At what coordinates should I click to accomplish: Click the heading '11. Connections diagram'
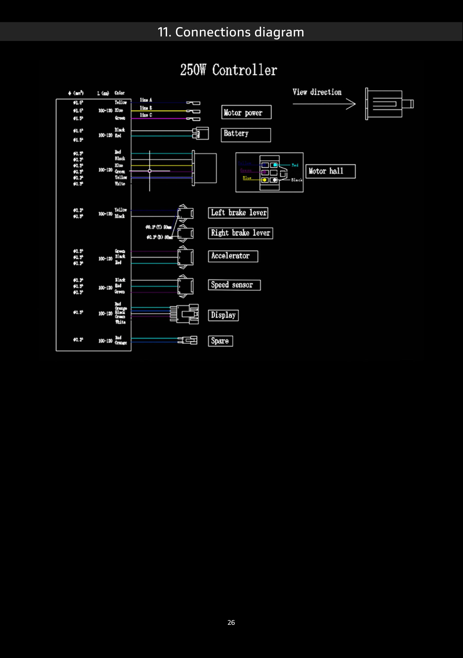[231, 32]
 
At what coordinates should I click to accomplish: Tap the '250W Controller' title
[229, 70]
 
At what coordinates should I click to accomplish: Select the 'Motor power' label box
[246, 112]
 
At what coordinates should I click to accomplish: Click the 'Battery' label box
[246, 135]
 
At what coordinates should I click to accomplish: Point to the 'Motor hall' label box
[330, 171]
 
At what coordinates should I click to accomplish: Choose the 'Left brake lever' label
[238, 213]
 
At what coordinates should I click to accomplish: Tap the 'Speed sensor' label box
[234, 285]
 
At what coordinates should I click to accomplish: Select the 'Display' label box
[223, 315]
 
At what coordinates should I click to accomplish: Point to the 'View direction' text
[317, 92]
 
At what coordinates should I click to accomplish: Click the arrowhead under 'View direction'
[351, 104]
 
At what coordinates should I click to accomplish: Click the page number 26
[231, 623]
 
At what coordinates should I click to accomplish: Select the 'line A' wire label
[146, 100]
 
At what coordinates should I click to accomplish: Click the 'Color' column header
[120, 93]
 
